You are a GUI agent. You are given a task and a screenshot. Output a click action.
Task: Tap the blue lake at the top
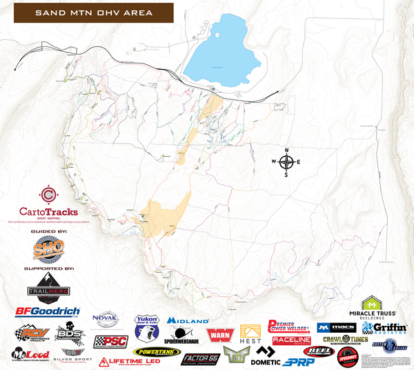pos(219,57)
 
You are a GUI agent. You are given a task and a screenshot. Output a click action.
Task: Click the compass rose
pos(287,162)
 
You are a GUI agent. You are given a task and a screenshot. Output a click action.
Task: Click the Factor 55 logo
pos(200,358)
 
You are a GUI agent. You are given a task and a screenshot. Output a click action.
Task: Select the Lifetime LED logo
pos(128,361)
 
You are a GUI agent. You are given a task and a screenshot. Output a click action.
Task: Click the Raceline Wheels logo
pos(291,340)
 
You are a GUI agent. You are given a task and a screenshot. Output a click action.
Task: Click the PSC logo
pos(110,342)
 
